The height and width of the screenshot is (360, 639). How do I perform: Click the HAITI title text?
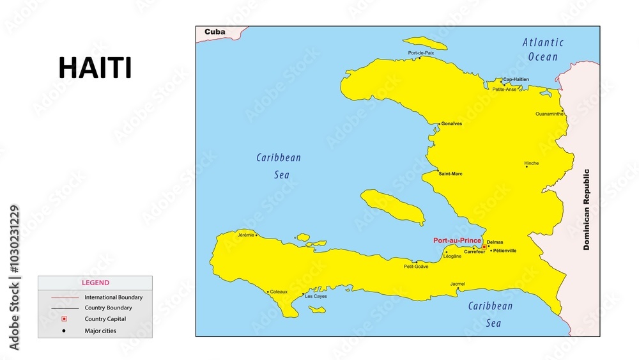pos(95,68)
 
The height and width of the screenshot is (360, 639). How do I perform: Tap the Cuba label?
pos(215,31)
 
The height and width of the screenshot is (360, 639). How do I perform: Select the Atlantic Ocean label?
pos(543,49)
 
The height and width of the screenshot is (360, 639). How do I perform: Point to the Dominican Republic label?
pos(587,209)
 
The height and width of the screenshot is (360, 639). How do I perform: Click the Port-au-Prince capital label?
pos(457,240)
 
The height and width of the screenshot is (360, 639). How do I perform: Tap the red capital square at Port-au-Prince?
pos(484,246)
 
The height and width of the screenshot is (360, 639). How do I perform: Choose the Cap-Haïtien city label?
pos(516,79)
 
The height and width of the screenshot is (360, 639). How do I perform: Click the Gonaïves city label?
pos(452,123)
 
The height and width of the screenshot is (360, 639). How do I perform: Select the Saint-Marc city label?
pos(450,173)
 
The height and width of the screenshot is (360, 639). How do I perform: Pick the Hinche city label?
pos(532,163)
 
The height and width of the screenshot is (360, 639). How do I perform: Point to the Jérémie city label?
pos(245,235)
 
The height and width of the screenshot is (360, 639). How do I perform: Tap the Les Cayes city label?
pos(316,296)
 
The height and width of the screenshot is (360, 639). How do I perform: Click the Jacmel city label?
pos(458,283)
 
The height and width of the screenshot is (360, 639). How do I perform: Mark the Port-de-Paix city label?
pos(421,53)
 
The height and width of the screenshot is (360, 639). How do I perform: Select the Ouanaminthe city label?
pos(550,114)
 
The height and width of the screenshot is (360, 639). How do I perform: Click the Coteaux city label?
pos(279,292)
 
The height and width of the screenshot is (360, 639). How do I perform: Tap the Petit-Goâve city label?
pos(416,266)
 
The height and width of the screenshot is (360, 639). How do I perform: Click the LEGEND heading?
pos(95,283)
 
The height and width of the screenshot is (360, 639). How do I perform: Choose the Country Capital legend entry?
pos(105,318)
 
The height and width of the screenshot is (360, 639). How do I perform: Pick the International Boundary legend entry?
pos(113,297)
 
